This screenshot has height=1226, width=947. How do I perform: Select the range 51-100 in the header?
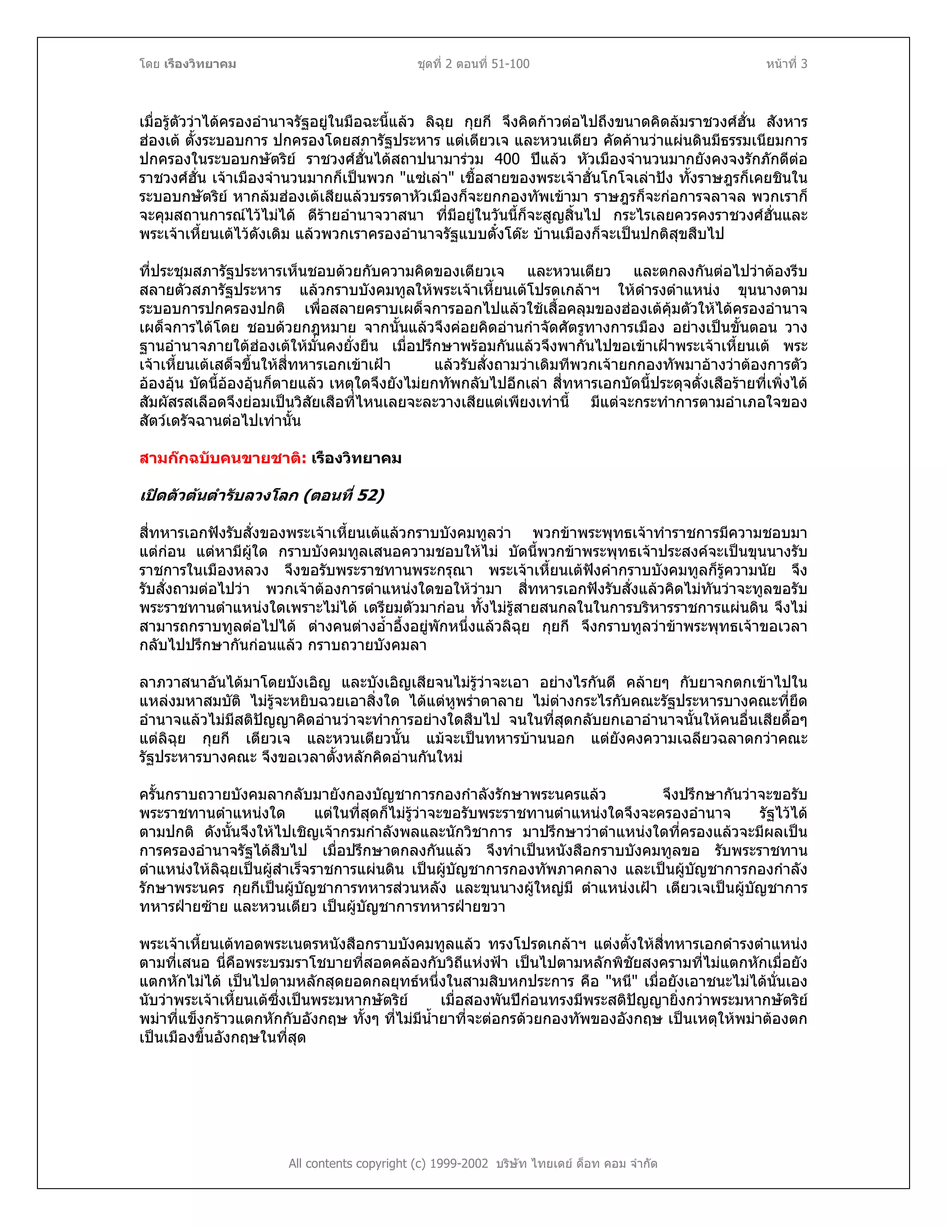pos(510,64)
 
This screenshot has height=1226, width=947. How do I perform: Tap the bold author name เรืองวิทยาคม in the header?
pos(200,64)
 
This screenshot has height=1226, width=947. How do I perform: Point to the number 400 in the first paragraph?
pos(507,160)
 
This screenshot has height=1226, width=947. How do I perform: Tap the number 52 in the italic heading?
pos(369,495)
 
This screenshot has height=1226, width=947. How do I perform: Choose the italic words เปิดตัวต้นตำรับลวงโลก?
pos(218,495)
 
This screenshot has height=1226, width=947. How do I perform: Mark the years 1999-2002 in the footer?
pos(459,1164)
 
